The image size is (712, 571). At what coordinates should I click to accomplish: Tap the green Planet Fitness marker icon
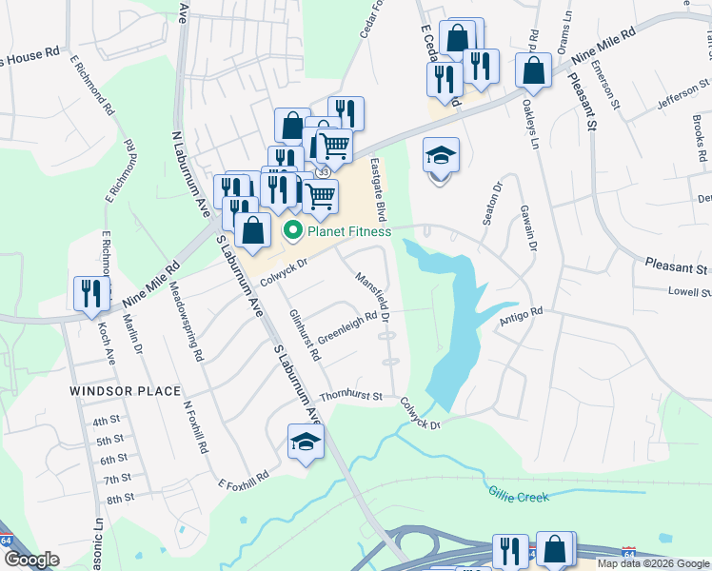click(x=293, y=230)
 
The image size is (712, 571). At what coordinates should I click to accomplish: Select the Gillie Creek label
click(x=519, y=495)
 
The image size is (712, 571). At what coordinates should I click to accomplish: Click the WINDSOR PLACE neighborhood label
click(x=125, y=391)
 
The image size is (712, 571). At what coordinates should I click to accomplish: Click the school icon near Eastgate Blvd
click(x=441, y=155)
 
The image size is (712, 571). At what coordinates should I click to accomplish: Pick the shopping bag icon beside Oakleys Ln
click(x=534, y=70)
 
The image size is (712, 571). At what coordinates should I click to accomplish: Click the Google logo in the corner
click(x=31, y=560)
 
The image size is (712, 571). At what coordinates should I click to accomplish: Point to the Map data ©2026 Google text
click(x=652, y=564)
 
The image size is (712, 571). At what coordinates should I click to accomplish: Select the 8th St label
click(x=120, y=499)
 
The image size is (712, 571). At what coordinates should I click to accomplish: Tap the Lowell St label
click(x=689, y=292)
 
